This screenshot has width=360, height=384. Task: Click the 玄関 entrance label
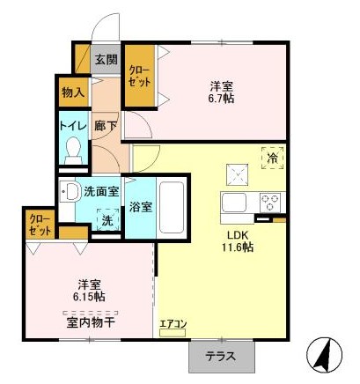coord(107,60)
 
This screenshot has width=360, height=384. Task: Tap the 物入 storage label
coord(73,92)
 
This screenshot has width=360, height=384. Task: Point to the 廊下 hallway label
coord(106,126)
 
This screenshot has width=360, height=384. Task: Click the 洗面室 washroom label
coord(101,192)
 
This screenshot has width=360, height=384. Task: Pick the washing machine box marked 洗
coord(108,219)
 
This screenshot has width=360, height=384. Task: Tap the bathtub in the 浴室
coord(172,208)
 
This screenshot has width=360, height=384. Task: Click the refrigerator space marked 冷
coord(273,158)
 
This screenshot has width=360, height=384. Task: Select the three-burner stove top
coord(272,203)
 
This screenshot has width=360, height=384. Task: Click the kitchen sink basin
coord(234,203)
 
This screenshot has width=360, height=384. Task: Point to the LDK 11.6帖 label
coord(238,241)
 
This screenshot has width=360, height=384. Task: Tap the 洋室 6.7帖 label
coord(222,92)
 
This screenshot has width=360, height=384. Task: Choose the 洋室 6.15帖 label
coord(90,291)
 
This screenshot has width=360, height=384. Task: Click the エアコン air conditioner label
coord(173,324)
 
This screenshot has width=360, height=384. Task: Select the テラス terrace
coord(222,357)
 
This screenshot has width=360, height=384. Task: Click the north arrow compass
coord(324,354)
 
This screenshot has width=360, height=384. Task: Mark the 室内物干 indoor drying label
coord(91,323)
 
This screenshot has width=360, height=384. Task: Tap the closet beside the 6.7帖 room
coord(140,76)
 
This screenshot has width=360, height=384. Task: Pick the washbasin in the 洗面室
coord(69,192)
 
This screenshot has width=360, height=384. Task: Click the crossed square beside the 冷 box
coord(238,174)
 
